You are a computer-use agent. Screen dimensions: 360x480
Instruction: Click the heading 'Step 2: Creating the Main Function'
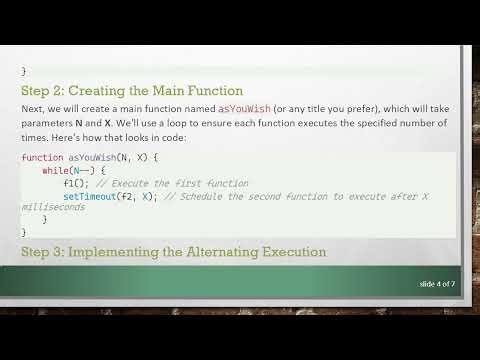132,90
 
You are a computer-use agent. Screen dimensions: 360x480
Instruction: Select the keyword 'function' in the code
41,158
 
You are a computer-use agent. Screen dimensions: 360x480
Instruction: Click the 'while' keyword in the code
56,171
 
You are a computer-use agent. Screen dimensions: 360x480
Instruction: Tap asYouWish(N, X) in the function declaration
109,158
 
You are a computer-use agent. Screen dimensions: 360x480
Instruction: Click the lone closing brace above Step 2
23,70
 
